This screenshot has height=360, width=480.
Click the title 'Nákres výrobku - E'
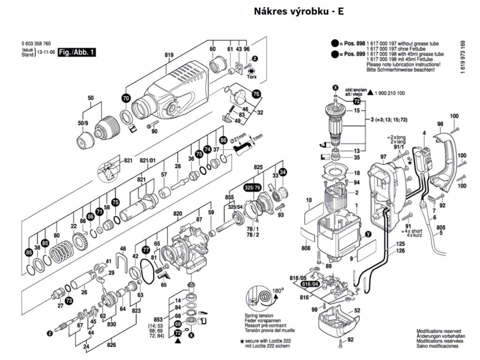[299, 11]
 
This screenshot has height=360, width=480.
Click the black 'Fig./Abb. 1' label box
[76, 53]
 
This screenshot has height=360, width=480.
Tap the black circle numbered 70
[125, 98]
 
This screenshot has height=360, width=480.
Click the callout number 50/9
[83, 123]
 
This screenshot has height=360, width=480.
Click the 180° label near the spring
[279, 291]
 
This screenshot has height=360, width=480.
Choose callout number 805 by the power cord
[441, 228]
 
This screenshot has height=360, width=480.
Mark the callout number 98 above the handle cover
[440, 124]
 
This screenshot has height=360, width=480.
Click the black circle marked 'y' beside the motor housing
[368, 233]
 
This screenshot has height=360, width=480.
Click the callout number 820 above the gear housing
[178, 214]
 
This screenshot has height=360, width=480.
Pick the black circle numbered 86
[223, 140]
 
